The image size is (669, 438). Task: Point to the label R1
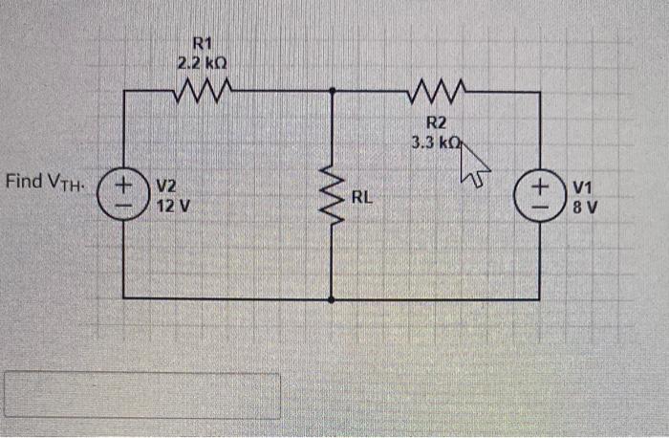(x=202, y=43)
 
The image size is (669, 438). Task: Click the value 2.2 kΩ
(x=202, y=63)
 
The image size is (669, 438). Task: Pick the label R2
(x=436, y=122)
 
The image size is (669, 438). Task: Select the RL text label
(x=361, y=199)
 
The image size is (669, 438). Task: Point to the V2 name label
(x=165, y=186)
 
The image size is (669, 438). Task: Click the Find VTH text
(x=45, y=181)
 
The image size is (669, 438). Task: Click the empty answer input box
(x=142, y=395)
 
